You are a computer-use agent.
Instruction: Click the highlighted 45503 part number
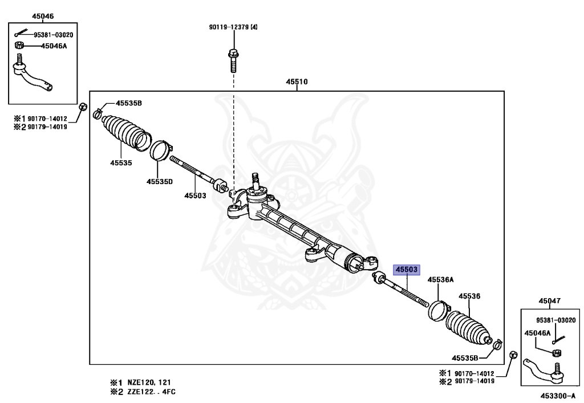407,269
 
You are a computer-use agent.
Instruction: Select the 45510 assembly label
297,82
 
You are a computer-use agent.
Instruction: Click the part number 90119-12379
233,27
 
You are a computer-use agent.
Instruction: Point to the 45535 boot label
121,162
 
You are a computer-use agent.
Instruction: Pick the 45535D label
159,181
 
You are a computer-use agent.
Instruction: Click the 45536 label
471,296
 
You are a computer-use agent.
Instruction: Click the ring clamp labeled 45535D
160,151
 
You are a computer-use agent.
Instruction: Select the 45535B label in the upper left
129,103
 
